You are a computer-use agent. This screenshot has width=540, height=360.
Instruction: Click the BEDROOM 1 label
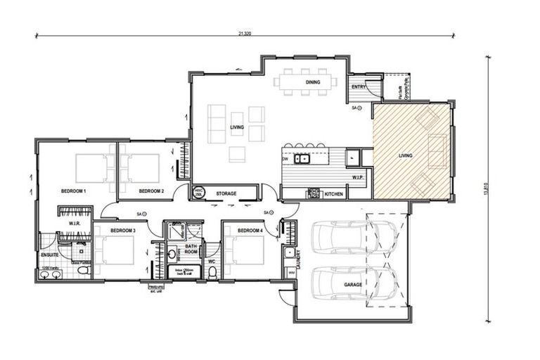(x=73, y=191)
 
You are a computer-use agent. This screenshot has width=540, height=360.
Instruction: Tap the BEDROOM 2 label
(x=151, y=191)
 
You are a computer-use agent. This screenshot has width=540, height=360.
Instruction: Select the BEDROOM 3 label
(x=123, y=231)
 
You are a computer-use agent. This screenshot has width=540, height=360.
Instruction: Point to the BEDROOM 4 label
(x=250, y=231)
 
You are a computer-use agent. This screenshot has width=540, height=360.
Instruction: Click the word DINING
(x=313, y=82)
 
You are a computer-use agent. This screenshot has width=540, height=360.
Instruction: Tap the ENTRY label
(x=359, y=87)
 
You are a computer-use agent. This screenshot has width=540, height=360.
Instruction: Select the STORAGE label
(x=226, y=193)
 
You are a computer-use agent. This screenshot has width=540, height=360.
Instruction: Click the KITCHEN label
(x=334, y=193)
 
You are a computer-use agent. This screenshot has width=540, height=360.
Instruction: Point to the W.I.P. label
(x=357, y=178)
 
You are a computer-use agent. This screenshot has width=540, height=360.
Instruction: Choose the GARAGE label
(x=353, y=285)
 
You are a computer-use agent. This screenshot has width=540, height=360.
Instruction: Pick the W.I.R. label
(x=76, y=224)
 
